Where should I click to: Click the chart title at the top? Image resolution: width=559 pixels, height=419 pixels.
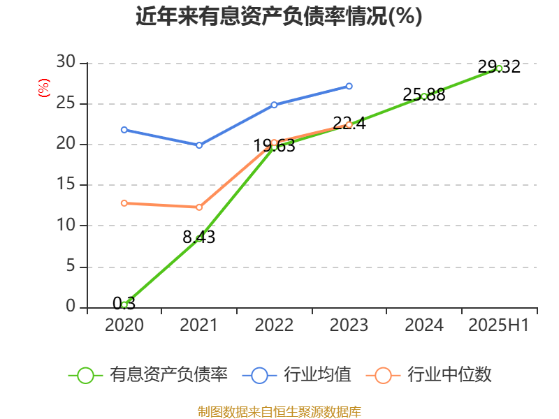pos(279,17)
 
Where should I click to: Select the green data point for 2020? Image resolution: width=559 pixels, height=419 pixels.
pos(124,305)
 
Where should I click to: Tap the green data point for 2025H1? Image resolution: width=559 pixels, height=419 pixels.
pos(499,68)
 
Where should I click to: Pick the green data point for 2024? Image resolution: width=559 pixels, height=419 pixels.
pos(424,96)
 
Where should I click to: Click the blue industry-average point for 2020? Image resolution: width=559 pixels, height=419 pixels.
pos(124,130)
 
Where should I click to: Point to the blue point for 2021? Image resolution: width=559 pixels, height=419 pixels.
pos(199,145)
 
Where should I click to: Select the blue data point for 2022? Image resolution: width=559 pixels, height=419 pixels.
pos(274,105)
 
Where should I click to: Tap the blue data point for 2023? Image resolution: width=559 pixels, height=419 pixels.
pos(349,86)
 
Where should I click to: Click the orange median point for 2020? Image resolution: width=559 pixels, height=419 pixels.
pos(124,203)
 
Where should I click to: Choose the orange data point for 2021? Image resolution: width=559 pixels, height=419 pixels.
pos(199,207)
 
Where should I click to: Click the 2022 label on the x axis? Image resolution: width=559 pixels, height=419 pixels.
pos(274,325)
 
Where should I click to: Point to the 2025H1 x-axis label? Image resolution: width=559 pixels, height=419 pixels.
pos(499,325)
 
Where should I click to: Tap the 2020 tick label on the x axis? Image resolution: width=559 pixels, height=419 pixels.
pos(124,325)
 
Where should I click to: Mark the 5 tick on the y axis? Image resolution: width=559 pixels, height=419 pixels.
pos(70,267)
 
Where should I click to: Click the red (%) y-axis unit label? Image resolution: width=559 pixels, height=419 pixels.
pos(44,88)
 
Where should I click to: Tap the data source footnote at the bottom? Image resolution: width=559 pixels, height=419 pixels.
pos(279,411)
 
